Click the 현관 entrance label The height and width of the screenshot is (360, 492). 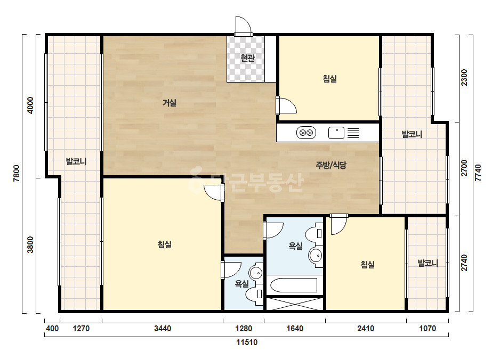point(247,58)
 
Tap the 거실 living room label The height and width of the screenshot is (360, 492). point(170,103)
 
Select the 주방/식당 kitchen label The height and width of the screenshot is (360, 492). point(331,165)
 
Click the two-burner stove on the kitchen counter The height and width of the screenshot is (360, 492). point(306,133)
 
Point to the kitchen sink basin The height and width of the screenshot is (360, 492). point(336,133)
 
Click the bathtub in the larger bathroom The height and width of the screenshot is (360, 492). point(294,285)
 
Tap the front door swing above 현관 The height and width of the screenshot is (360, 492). point(244,25)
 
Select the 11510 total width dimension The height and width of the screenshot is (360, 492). point(247,342)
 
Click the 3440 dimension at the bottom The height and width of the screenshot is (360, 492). point(163,329)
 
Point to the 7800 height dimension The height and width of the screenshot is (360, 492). point(17,174)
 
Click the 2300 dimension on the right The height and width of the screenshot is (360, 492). point(464,77)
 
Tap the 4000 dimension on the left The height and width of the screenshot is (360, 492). point(30,105)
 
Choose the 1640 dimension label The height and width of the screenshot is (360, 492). point(295,329)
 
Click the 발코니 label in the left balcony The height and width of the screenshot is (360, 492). point(76,161)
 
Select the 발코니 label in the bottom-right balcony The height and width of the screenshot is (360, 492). point(428,263)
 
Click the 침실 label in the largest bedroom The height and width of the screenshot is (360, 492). point(164,244)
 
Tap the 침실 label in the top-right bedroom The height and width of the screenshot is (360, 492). point(330,78)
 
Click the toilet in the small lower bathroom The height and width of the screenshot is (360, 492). point(254,294)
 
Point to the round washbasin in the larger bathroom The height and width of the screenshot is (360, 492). point(316,256)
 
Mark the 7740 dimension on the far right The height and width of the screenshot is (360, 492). point(478,173)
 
